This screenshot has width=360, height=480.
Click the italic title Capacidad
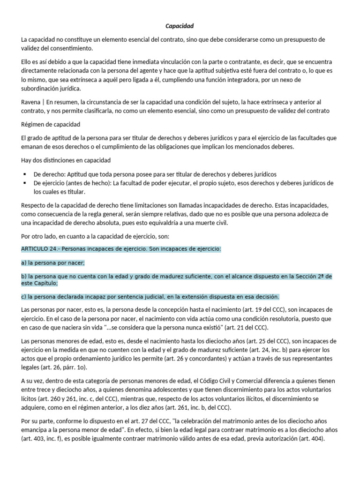pyautogui.click(x=180, y=26)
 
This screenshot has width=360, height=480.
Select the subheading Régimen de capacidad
pyautogui.click(x=51, y=124)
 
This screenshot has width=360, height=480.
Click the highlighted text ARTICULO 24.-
pyautogui.click(x=41, y=249)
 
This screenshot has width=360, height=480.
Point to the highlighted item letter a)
pyautogui.click(x=24, y=263)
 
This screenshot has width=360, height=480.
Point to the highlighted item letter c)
pyautogui.click(x=24, y=297)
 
